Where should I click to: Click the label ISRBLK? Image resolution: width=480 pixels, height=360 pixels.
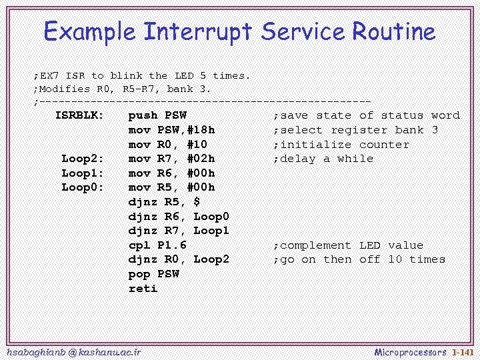pos(79,115)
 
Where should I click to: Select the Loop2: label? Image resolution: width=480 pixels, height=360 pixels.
pos(83,159)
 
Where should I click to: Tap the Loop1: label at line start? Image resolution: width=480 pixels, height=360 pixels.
pos(83,173)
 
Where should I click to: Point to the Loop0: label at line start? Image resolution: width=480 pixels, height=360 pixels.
pos(83,187)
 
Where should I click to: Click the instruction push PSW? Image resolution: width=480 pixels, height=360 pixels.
pos(157,115)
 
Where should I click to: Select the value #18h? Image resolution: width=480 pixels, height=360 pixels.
pos(201,130)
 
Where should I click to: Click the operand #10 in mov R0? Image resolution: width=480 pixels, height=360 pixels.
pos(197,145)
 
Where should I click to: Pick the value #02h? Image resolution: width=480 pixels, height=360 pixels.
pos(201,159)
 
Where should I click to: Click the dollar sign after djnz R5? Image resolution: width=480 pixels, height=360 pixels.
pos(197,202)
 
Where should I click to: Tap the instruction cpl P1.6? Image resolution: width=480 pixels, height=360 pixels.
pos(157,245)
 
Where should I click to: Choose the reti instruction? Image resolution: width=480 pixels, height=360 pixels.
pos(143,289)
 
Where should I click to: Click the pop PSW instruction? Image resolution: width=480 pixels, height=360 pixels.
pos(153,274)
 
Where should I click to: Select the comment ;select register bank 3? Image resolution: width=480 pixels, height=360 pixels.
pos(355,130)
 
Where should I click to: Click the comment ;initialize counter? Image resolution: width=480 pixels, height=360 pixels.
pos(341,145)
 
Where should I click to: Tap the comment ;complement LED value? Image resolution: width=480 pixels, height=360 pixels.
pos(348,245)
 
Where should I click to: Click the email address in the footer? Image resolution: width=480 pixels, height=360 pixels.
pos(73,352)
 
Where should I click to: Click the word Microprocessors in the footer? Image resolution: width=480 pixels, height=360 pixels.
pos(410,352)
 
